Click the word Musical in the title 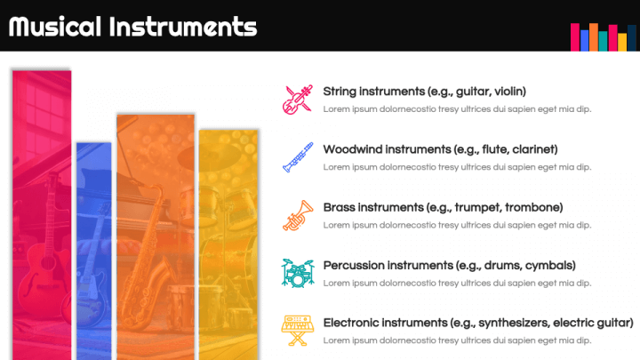coord(54,27)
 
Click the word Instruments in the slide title coord(182,27)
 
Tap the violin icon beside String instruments coord(297,99)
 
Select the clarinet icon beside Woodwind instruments coord(298,156)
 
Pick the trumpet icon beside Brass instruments coord(297,214)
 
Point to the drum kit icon coord(297,272)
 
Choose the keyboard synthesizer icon coord(297,329)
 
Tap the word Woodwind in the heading coord(353,149)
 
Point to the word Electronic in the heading coord(353,323)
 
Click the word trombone coord(531,207)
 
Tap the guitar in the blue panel coord(88,284)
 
